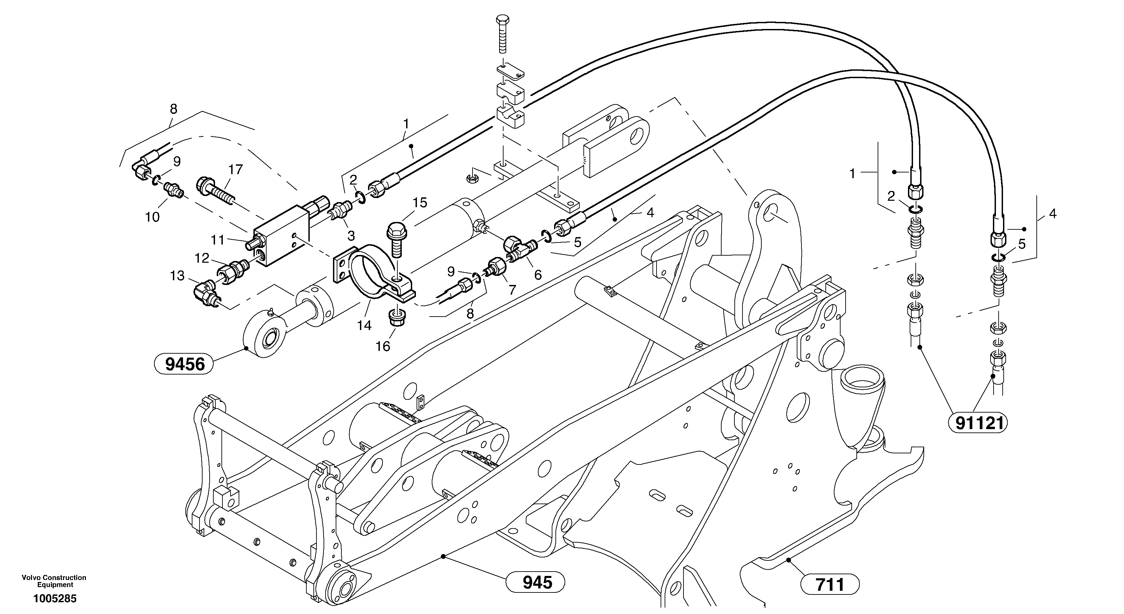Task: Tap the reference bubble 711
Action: coord(829,584)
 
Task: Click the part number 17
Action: coord(236,170)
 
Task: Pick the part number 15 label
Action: coord(420,203)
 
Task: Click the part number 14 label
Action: coord(364,325)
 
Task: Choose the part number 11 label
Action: coord(217,240)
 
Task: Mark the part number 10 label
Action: coord(152,217)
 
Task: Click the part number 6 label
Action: coord(538,275)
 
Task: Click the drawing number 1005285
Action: coord(55,599)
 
